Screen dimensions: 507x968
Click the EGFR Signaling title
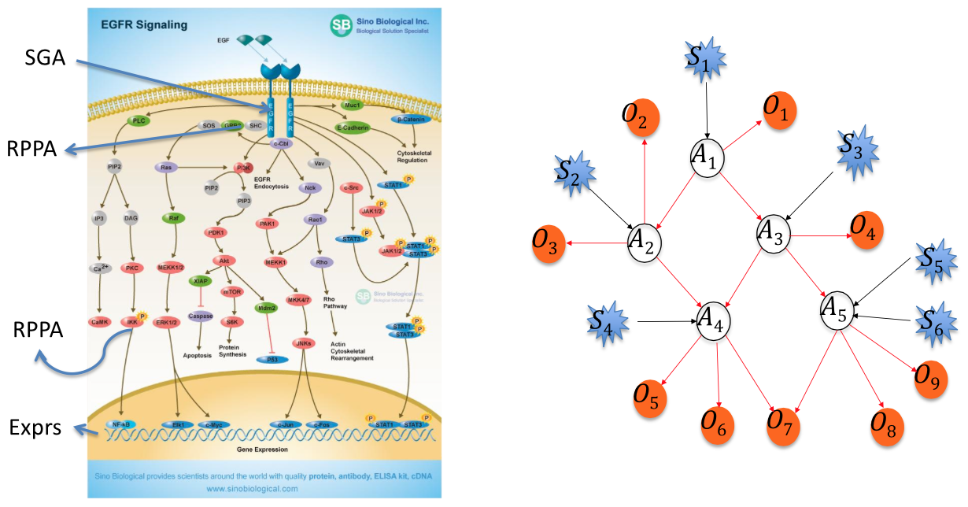pos(144,25)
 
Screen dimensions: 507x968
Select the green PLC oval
pos(138,121)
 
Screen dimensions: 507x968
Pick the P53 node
pos(272,359)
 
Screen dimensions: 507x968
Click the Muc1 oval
pos(352,104)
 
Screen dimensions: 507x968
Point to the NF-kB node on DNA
pos(120,424)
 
